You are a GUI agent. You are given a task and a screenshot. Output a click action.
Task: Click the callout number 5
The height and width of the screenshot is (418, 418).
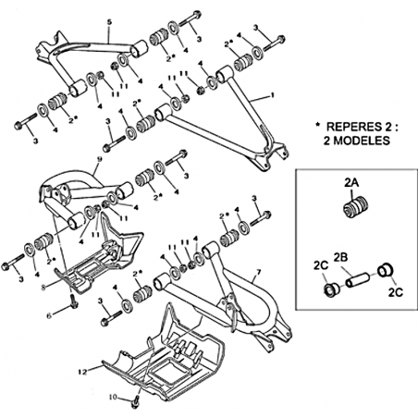point(110,22)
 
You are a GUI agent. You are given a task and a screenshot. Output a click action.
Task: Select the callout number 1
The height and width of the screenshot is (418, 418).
point(272,95)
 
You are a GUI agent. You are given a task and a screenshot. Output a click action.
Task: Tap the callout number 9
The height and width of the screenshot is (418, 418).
point(99,161)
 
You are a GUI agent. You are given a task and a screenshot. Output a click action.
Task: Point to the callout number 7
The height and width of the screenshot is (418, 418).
point(258,272)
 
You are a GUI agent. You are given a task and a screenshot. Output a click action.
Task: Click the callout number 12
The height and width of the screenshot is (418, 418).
point(83,372)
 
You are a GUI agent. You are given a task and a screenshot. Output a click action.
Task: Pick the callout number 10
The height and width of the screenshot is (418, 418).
point(113,397)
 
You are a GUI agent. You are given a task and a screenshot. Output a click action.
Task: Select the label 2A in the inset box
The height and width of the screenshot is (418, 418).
point(351,183)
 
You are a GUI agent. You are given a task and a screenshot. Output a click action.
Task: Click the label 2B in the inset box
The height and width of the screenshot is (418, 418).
point(340,258)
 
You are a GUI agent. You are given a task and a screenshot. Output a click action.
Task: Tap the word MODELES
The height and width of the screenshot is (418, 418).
point(357,141)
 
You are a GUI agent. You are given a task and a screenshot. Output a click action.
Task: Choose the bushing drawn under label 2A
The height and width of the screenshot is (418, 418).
point(357,208)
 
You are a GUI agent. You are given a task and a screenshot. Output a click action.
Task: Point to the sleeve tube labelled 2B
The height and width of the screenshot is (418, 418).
point(357,279)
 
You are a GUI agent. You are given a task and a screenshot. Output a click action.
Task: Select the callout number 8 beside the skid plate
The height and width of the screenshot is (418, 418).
point(43,288)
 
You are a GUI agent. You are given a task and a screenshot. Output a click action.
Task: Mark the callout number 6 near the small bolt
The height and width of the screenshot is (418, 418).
point(48,314)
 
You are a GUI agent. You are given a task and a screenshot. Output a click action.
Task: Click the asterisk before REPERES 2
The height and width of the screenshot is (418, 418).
point(317,126)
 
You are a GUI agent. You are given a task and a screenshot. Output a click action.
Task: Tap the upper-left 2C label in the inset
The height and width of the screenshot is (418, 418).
point(321,265)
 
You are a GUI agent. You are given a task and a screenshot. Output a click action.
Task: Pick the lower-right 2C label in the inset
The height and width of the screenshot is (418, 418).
point(396,292)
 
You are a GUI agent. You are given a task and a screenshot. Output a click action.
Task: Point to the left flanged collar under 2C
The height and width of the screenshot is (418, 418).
point(331,290)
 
